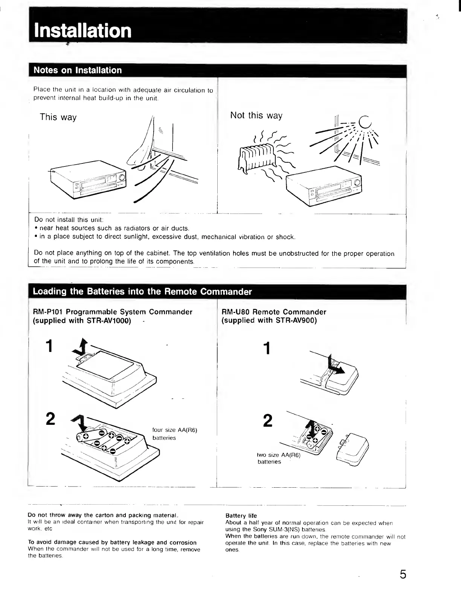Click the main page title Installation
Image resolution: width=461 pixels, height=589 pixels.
(82, 31)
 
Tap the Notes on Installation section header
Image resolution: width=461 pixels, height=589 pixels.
(78, 70)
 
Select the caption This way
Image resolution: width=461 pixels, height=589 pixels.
(58, 117)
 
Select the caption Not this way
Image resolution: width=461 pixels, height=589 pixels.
(256, 116)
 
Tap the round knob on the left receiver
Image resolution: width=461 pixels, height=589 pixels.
(122, 178)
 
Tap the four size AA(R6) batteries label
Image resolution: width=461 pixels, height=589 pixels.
(174, 434)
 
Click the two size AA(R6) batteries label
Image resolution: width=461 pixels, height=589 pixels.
(278, 458)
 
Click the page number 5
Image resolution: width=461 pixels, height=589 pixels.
(403, 574)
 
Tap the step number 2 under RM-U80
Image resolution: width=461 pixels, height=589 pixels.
(267, 421)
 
